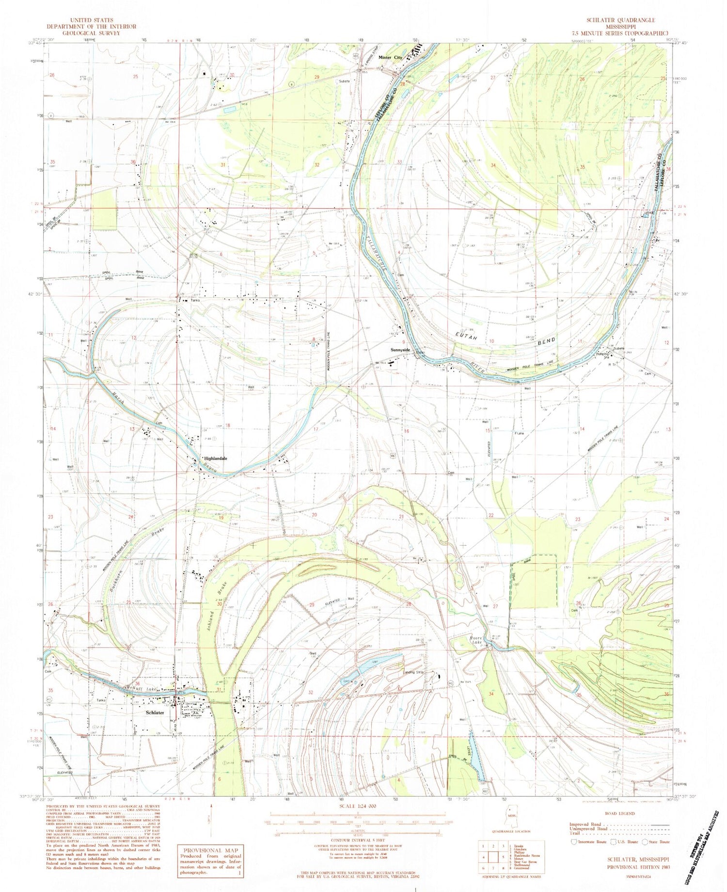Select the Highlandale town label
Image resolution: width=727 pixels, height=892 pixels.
[215, 458]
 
